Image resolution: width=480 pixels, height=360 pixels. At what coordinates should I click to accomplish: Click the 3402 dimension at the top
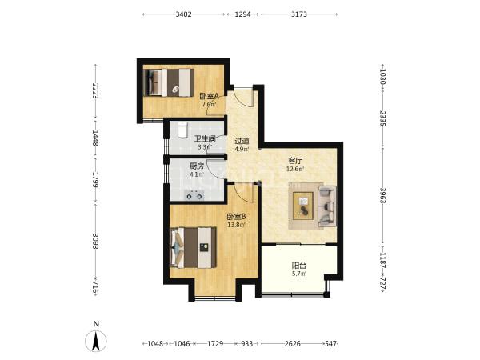(x=183, y=14)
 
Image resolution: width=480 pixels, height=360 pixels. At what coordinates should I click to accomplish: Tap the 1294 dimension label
(x=242, y=14)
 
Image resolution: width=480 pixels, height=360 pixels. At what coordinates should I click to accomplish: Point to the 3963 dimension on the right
(x=382, y=196)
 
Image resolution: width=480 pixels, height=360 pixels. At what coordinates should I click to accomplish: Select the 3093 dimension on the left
(x=95, y=242)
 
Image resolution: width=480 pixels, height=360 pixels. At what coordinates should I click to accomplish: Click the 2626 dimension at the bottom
(x=292, y=343)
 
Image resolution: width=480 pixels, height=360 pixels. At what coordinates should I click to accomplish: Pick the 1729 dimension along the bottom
(x=215, y=343)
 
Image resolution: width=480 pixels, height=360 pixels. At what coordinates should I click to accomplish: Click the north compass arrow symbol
(x=96, y=341)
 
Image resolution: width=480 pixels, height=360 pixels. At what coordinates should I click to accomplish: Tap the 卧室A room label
(x=209, y=96)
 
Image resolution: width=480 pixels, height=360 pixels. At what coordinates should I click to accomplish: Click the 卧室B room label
(x=236, y=217)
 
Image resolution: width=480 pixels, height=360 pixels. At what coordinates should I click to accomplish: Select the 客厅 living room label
(x=295, y=161)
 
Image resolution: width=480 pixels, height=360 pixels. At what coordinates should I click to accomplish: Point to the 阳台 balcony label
(x=298, y=266)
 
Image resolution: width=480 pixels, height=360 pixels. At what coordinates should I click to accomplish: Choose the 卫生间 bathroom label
(x=205, y=138)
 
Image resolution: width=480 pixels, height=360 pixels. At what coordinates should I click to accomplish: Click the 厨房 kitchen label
(x=197, y=166)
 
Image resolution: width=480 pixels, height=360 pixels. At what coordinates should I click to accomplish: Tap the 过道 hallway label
(x=242, y=141)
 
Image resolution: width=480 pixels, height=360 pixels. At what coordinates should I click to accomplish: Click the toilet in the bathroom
(x=182, y=130)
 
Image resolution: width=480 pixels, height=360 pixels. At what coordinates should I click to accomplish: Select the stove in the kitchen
(x=194, y=195)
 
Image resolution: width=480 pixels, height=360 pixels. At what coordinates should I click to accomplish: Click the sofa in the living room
(x=327, y=206)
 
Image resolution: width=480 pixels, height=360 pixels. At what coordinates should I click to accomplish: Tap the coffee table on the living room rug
(x=303, y=206)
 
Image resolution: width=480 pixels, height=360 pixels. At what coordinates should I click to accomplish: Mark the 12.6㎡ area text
(x=295, y=169)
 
